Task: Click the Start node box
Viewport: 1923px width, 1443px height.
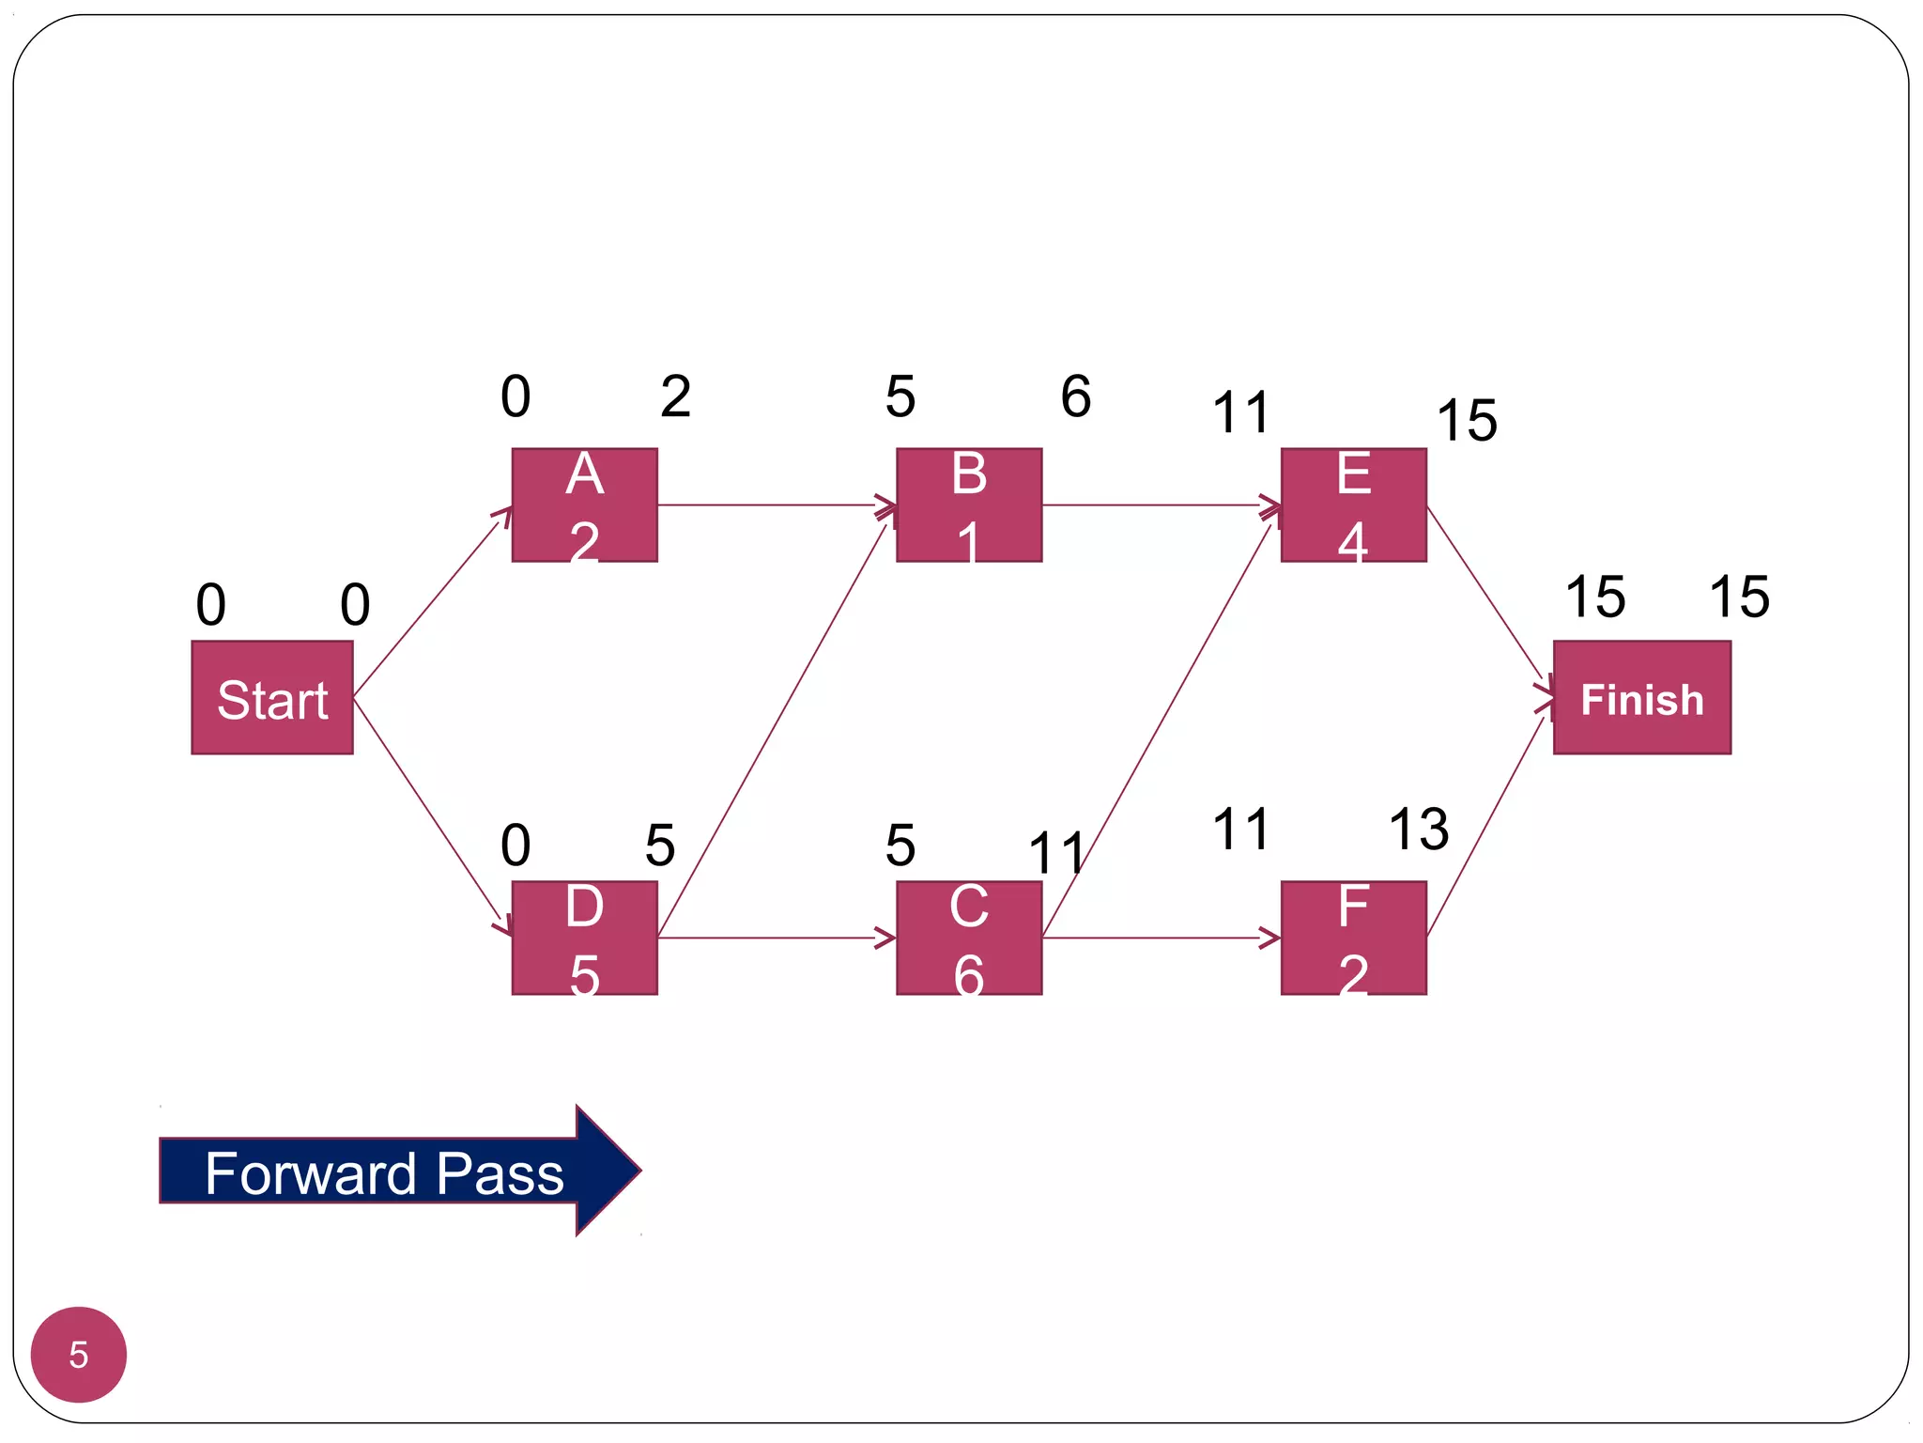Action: click(272, 697)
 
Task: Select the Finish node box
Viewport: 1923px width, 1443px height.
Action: click(1641, 697)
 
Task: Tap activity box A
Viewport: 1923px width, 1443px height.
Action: click(584, 505)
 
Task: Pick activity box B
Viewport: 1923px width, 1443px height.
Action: click(969, 505)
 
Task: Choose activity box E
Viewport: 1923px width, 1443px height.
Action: click(1353, 505)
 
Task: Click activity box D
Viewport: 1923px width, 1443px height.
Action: click(584, 938)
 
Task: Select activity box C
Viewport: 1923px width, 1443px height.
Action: click(969, 938)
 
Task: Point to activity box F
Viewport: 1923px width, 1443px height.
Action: click(1353, 938)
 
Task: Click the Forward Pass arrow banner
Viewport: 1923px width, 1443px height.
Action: click(394, 1171)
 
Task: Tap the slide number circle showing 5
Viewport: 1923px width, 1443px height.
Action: click(79, 1354)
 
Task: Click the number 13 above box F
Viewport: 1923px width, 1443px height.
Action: click(1418, 830)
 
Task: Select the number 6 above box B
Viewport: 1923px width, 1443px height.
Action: click(1076, 396)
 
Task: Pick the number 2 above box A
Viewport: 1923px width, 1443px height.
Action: click(675, 396)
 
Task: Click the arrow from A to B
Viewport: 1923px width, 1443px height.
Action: click(776, 505)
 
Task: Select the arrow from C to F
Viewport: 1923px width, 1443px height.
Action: click(1161, 938)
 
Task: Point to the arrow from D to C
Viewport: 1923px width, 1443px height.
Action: click(776, 938)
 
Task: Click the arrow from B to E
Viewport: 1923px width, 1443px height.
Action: click(1161, 505)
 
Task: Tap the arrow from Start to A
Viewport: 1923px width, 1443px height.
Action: click(432, 602)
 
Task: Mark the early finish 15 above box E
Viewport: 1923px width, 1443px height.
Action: click(1467, 420)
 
